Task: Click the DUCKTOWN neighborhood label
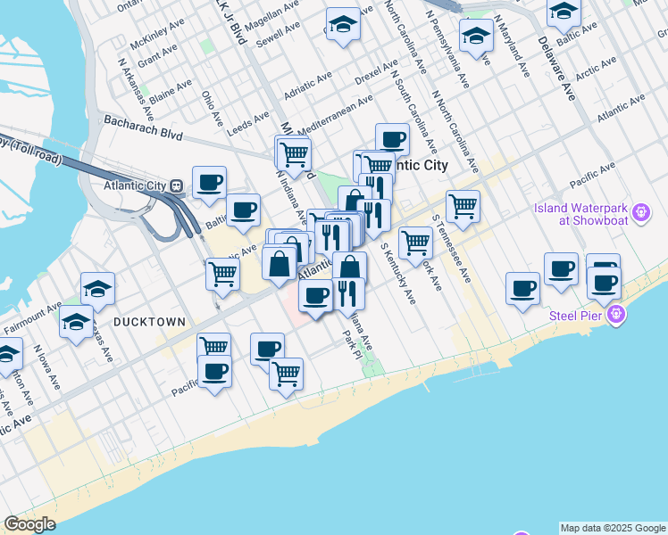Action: click(149, 321)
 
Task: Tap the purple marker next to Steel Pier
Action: click(615, 314)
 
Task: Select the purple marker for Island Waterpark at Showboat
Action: click(639, 211)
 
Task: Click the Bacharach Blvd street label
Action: click(143, 128)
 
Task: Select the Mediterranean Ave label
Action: click(335, 114)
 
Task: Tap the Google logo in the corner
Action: click(29, 524)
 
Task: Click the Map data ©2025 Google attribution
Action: click(613, 528)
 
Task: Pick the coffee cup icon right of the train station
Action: click(209, 183)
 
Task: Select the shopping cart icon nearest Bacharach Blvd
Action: click(293, 154)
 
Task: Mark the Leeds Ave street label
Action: click(249, 121)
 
